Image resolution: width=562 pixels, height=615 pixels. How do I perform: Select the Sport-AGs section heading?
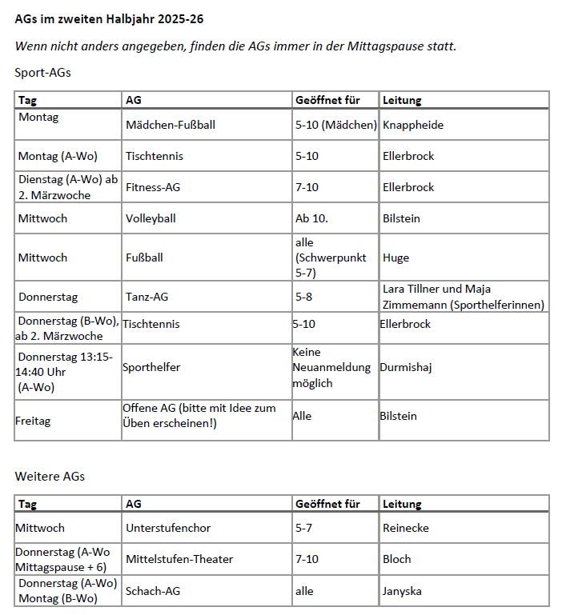(x=42, y=73)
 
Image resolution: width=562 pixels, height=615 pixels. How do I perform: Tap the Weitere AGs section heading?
(x=50, y=476)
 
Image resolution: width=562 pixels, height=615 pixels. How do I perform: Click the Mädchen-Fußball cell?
(x=171, y=125)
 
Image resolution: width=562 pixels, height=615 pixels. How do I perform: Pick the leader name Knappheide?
(x=413, y=125)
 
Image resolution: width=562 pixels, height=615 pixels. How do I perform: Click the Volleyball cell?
(x=151, y=218)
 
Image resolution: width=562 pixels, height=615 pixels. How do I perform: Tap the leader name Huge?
(x=395, y=258)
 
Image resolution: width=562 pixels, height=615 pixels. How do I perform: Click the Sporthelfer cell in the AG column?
(x=151, y=367)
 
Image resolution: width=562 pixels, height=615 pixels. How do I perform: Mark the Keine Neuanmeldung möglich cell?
(x=331, y=367)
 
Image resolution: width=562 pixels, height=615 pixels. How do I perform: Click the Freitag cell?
(x=33, y=421)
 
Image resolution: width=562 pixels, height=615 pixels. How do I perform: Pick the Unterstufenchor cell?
(x=168, y=528)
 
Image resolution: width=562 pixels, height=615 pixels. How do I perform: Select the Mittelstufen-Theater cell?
(x=179, y=559)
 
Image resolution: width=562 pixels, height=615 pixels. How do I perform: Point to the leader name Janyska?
(x=402, y=591)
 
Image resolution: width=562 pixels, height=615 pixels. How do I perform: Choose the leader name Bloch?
(x=397, y=559)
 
